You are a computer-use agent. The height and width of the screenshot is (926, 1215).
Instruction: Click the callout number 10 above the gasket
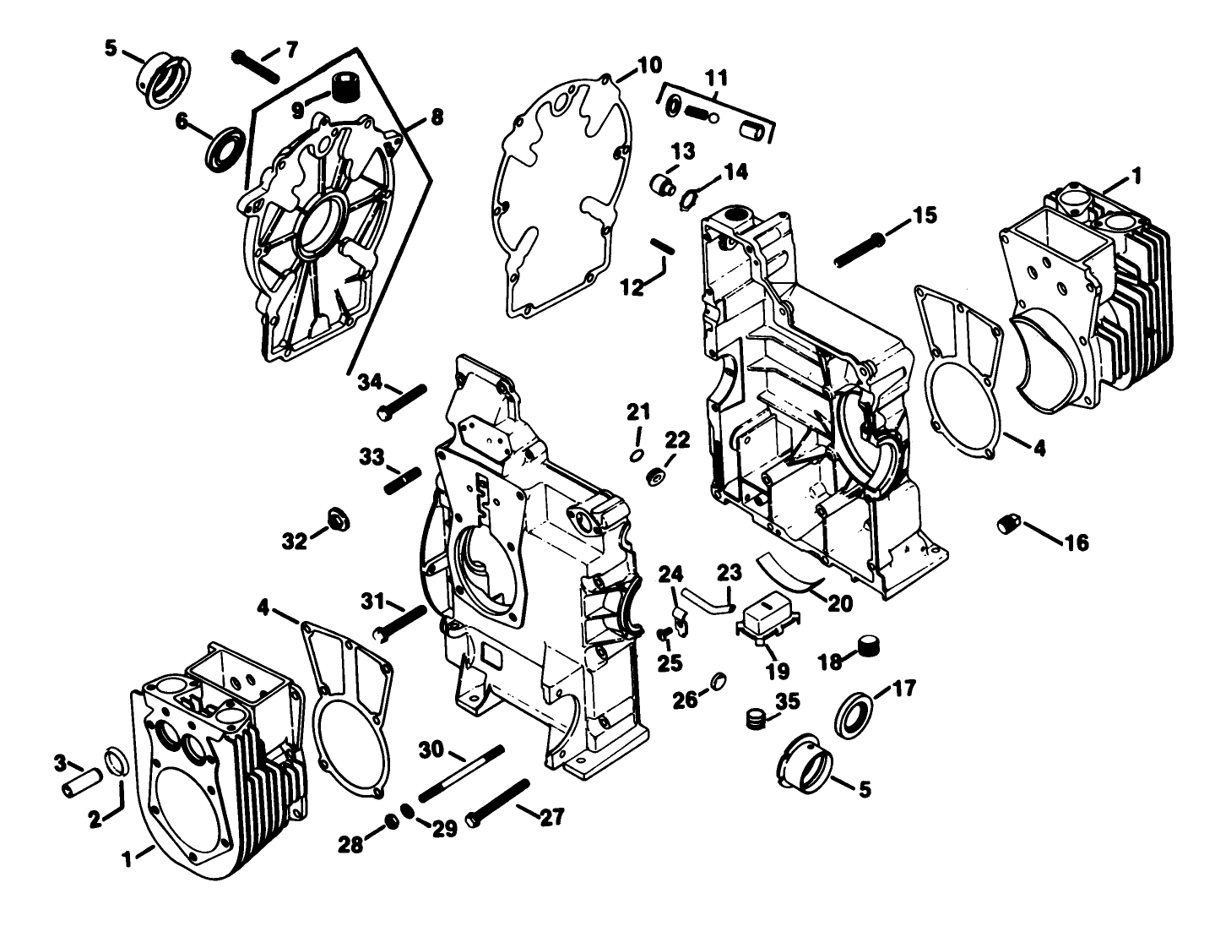pyautogui.click(x=649, y=65)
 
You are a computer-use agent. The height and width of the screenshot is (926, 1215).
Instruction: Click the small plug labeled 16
pyautogui.click(x=1008, y=524)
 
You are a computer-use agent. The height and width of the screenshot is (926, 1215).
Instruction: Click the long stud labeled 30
pyautogui.click(x=460, y=774)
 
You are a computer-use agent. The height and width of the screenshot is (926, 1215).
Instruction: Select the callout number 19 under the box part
pyautogui.click(x=777, y=672)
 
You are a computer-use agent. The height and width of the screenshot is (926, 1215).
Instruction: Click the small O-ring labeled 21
pyautogui.click(x=635, y=455)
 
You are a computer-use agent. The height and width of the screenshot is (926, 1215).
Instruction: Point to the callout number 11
pyautogui.click(x=716, y=79)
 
